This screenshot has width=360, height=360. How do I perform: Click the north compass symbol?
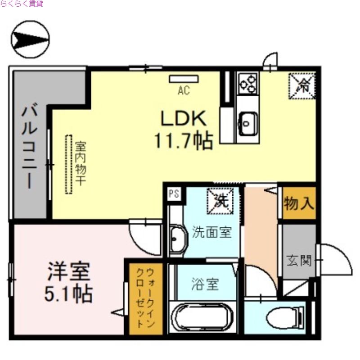click(x=30, y=40)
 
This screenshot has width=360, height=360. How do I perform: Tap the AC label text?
click(x=183, y=90)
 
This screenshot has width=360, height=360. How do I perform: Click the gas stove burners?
click(x=247, y=83)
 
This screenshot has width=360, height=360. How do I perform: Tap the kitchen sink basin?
click(x=247, y=121)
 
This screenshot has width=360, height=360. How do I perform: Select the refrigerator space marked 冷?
click(x=302, y=85)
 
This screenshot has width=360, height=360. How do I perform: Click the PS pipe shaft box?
click(x=174, y=194)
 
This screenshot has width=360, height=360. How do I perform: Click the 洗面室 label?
click(x=211, y=233)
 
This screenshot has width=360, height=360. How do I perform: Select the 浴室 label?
click(x=205, y=284)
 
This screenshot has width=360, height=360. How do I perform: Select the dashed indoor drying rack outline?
click(x=69, y=164)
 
